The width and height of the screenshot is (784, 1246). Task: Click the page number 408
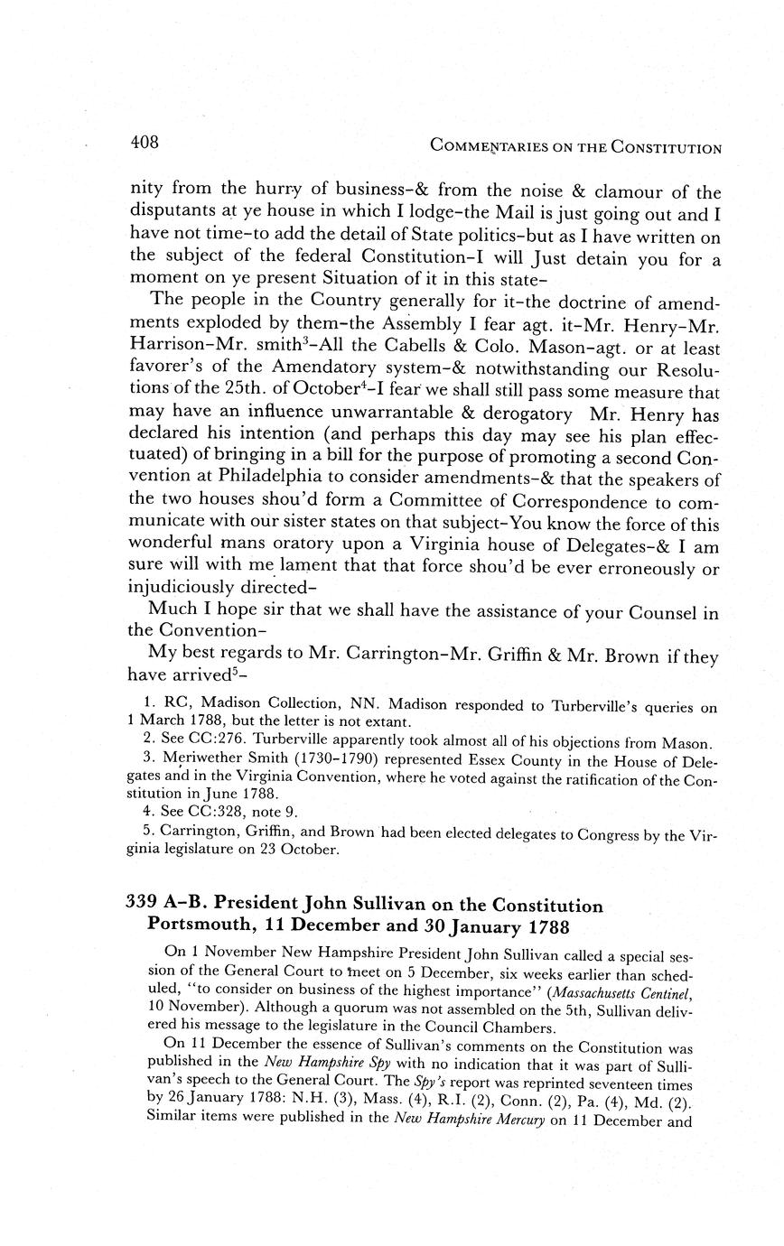pos(145,143)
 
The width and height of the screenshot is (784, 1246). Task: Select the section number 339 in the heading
pos(142,906)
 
